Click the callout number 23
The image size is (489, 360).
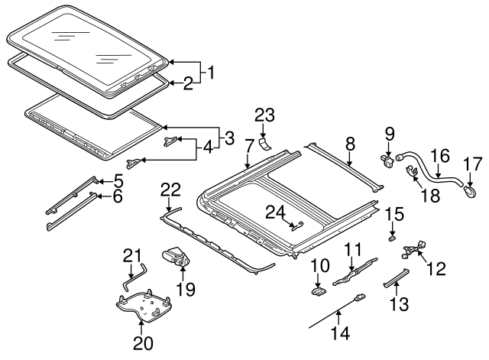(264, 115)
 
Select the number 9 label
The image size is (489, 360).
(388, 135)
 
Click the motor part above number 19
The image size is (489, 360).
(175, 257)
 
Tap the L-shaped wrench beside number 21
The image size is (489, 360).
(139, 268)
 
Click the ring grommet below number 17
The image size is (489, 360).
(469, 183)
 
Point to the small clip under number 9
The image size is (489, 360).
(385, 159)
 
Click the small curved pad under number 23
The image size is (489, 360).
(264, 144)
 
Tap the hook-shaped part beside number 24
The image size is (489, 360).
(298, 224)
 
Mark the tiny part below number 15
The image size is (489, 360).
(392, 238)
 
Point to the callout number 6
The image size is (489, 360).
(118, 198)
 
